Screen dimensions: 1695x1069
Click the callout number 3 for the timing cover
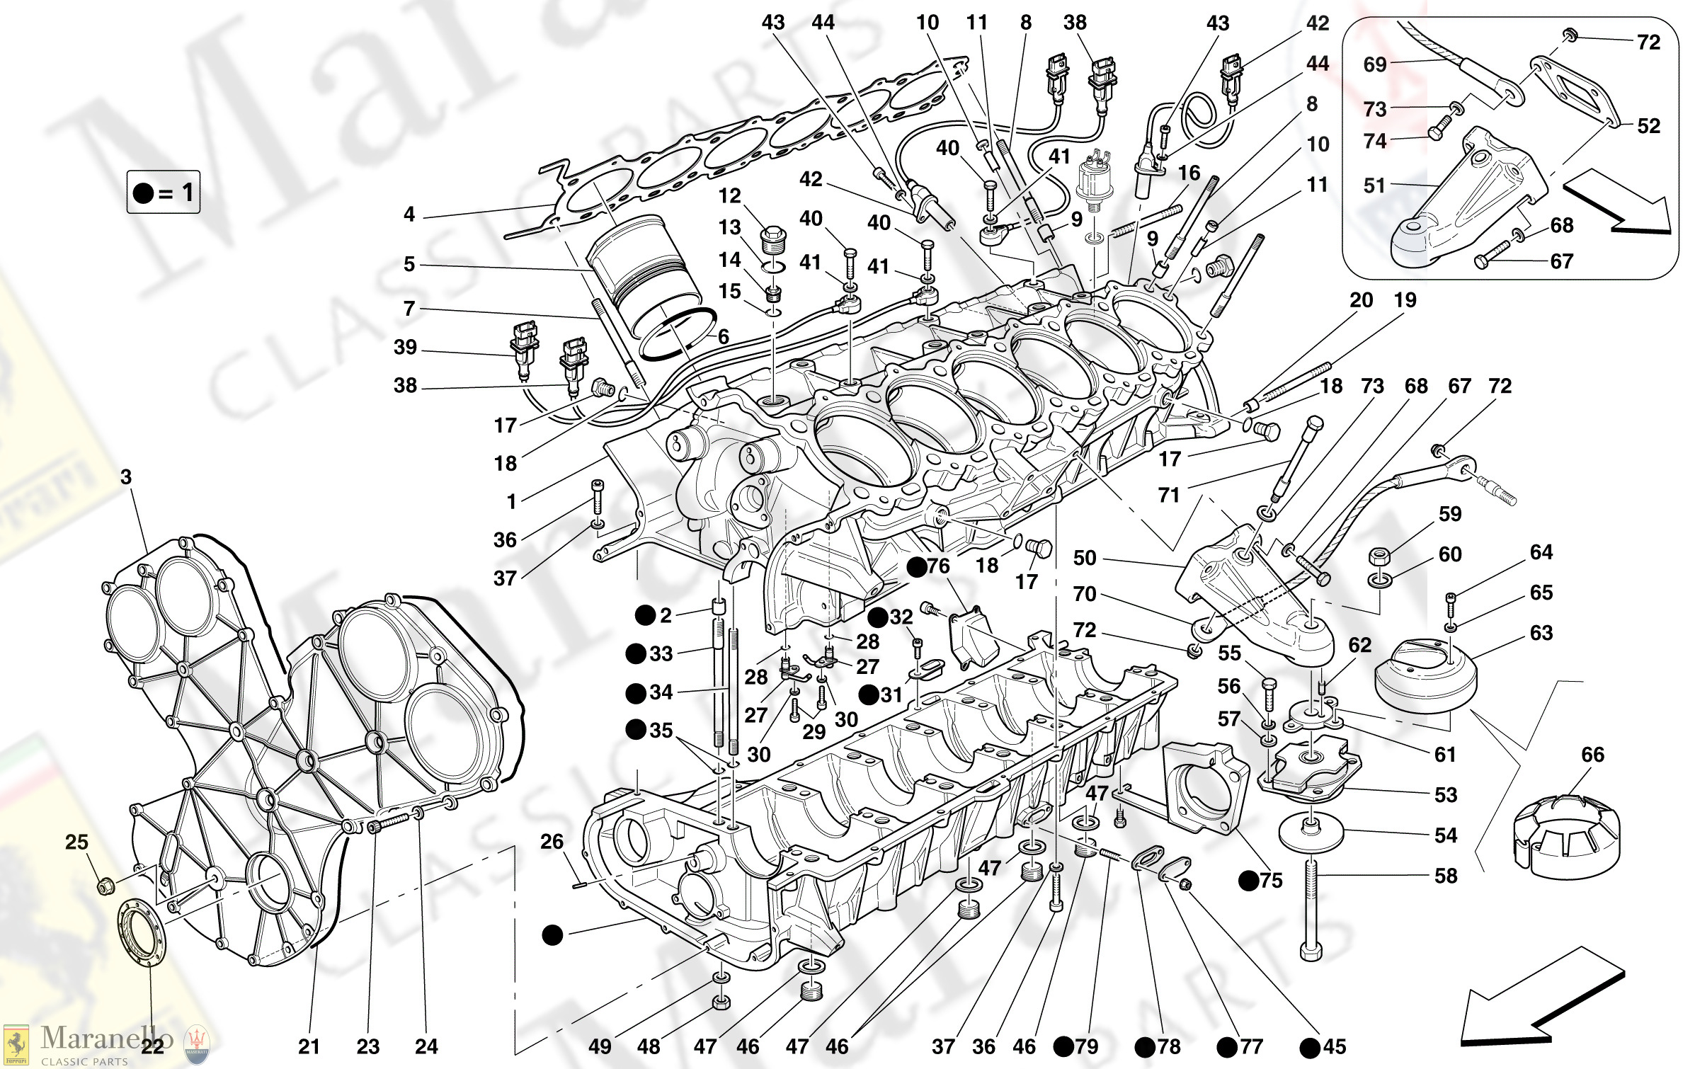pyautogui.click(x=126, y=476)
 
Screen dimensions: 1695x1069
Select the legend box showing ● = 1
pyautogui.click(x=164, y=192)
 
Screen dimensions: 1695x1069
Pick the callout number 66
pyautogui.click(x=1592, y=755)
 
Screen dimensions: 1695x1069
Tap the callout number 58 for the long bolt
pyautogui.click(x=1446, y=876)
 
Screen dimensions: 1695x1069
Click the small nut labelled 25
pyautogui.click(x=105, y=885)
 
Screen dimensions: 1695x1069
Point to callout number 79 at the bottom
pyautogui.click(x=1086, y=1046)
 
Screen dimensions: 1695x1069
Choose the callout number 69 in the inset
pyautogui.click(x=1375, y=64)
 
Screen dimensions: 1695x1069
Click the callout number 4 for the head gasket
pyautogui.click(x=409, y=214)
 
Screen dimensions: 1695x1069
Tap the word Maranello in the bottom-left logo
pyautogui.click(x=107, y=1038)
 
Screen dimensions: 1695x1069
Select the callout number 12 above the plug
pyautogui.click(x=729, y=195)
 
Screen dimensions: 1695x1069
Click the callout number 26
pyautogui.click(x=552, y=841)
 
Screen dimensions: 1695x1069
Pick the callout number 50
pyautogui.click(x=1085, y=558)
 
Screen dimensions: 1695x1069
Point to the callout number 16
pyautogui.click(x=1189, y=173)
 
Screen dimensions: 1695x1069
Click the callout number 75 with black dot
pyautogui.click(x=1270, y=880)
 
